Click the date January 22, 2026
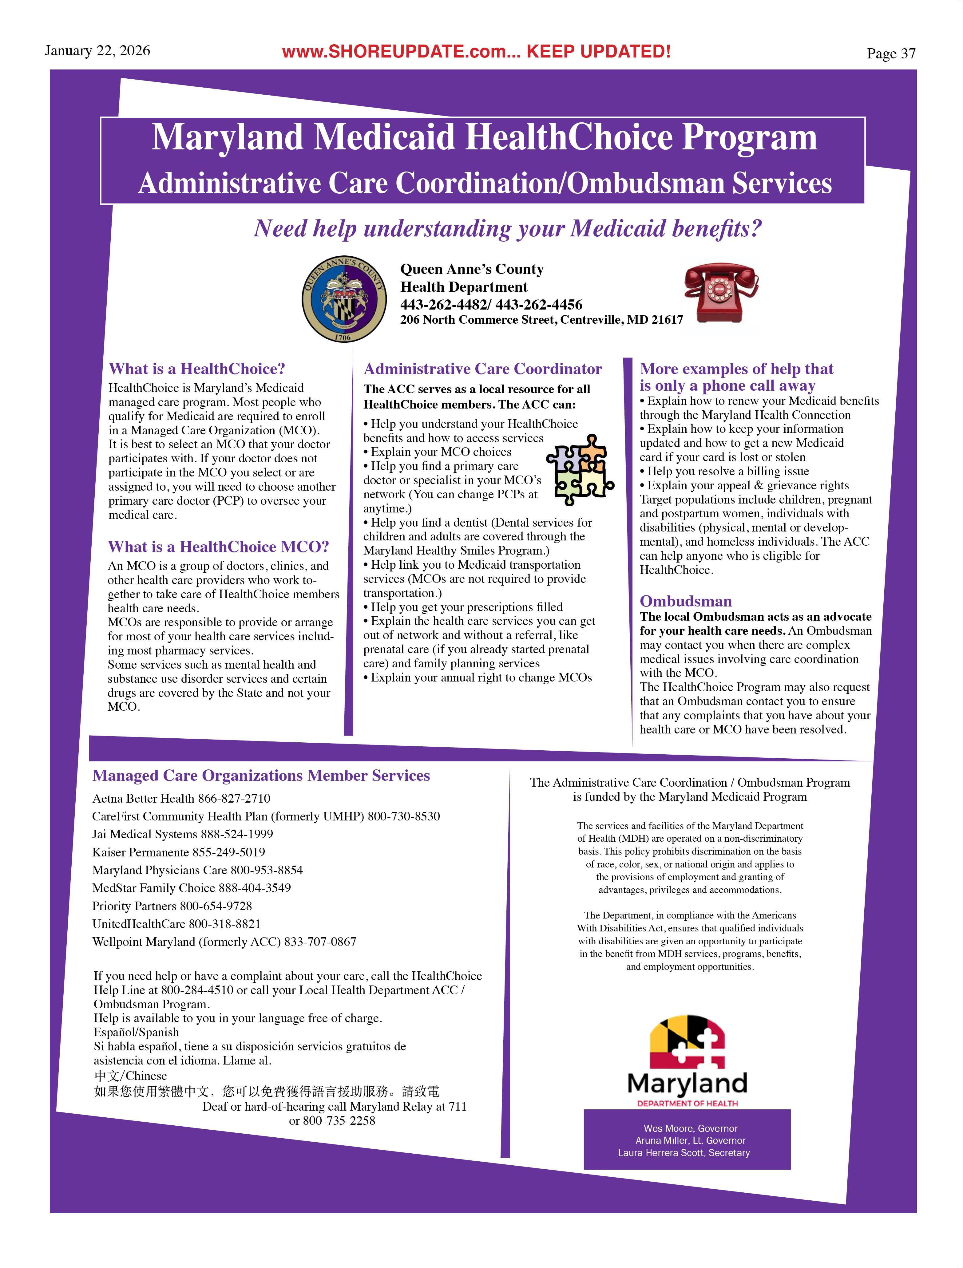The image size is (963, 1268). [x=97, y=51]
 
